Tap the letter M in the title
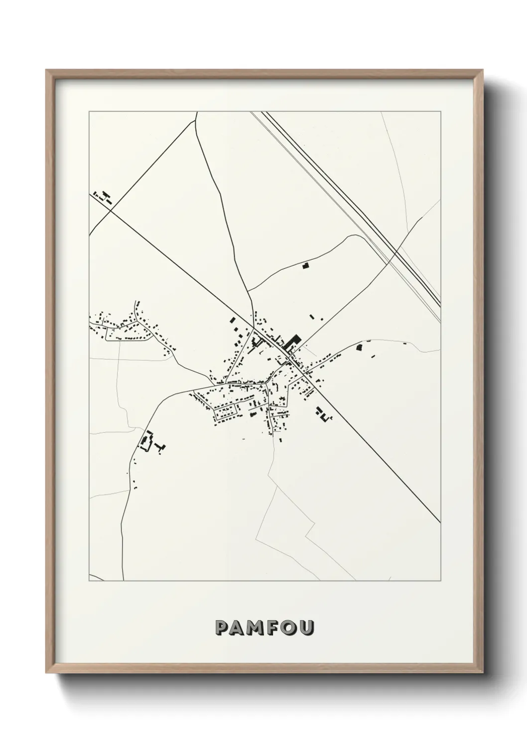tap(256, 627)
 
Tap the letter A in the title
tap(238, 627)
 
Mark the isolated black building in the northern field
tap(305, 266)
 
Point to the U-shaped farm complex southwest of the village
tap(146, 441)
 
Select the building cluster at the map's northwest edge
tap(102, 196)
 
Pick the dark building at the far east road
tap(358, 347)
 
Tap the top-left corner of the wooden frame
tap(46, 70)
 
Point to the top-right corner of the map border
tap(440, 112)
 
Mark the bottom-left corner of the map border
tap(89, 581)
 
